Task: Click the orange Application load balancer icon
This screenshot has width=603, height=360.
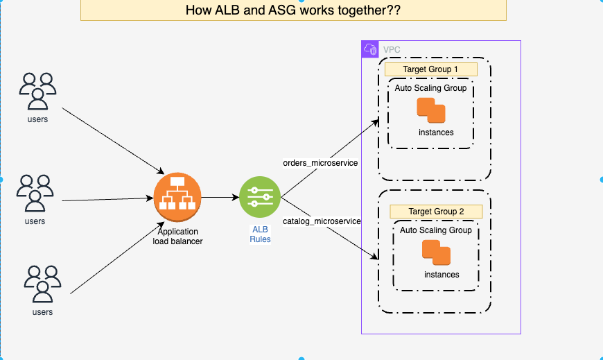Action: pyautogui.click(x=177, y=197)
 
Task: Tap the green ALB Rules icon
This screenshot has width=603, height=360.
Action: pyautogui.click(x=260, y=197)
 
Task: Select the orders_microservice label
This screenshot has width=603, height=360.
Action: pyautogui.click(x=320, y=163)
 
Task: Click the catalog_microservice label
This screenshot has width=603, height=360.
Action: pyautogui.click(x=322, y=221)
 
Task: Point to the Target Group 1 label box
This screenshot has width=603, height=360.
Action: pyautogui.click(x=430, y=69)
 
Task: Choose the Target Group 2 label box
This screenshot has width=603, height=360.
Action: pyautogui.click(x=436, y=212)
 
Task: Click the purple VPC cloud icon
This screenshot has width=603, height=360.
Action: pyautogui.click(x=370, y=49)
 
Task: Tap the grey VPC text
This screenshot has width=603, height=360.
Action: pyautogui.click(x=392, y=50)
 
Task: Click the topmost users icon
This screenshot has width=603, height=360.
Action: pyautogui.click(x=37, y=92)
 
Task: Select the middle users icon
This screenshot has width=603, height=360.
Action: pyautogui.click(x=35, y=193)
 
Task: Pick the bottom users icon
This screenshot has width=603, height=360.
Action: pyautogui.click(x=42, y=284)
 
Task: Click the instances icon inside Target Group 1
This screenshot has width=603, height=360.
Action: pyautogui.click(x=431, y=110)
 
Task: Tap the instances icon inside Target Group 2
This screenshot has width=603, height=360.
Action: pyautogui.click(x=436, y=252)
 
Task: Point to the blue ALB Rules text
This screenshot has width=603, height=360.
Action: pyautogui.click(x=261, y=234)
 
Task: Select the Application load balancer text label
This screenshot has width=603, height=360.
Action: pyautogui.click(x=177, y=237)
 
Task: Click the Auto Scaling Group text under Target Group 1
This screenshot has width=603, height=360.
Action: pyautogui.click(x=430, y=88)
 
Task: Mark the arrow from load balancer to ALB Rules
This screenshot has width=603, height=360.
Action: pyautogui.click(x=220, y=198)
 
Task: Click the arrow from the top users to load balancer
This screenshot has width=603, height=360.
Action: pyautogui.click(x=113, y=141)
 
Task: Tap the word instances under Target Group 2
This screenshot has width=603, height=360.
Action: pyautogui.click(x=442, y=275)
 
